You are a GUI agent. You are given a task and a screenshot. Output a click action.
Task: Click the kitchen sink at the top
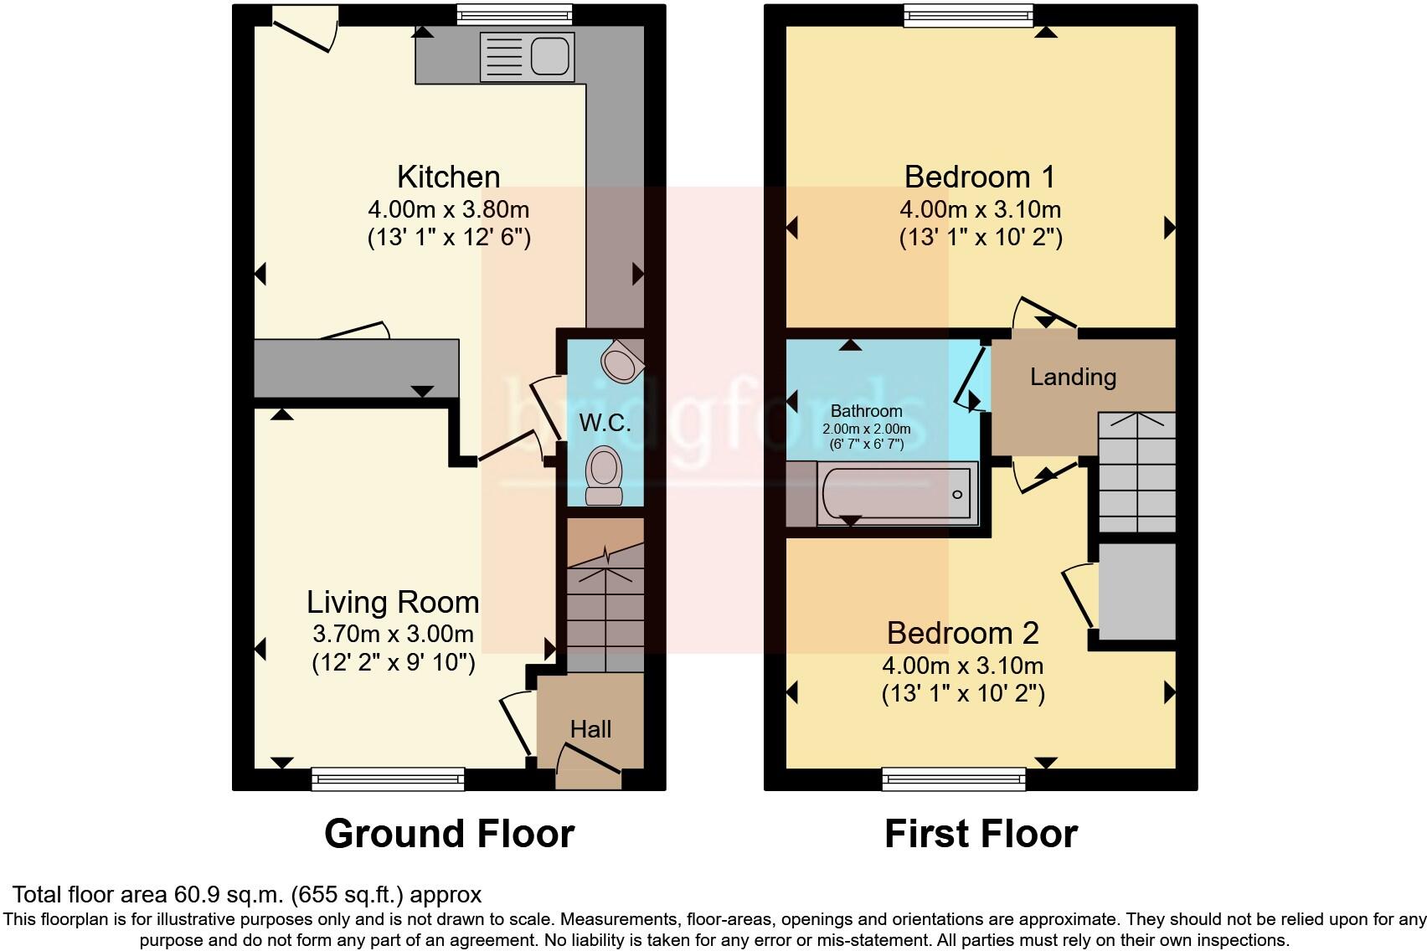point(528,57)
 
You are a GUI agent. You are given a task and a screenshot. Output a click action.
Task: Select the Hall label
point(590,729)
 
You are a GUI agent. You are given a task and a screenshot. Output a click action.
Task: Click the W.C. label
point(605,423)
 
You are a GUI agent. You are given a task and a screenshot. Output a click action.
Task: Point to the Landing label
point(1073,377)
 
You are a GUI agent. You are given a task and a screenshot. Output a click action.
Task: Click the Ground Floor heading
point(449,834)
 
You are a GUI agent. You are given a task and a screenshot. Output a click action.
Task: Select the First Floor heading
point(981,834)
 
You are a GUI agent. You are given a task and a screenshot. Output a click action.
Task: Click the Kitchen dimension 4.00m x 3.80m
point(449,209)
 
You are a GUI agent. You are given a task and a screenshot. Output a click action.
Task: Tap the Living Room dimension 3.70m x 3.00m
point(393,634)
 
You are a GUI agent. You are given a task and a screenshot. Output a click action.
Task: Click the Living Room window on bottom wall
point(388,779)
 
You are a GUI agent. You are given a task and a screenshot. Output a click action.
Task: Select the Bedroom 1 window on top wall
point(968,15)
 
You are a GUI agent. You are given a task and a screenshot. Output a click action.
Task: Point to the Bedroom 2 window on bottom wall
point(955,779)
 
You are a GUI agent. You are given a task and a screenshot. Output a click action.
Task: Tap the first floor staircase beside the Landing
point(1136,473)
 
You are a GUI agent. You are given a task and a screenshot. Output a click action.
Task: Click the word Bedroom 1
point(980,177)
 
